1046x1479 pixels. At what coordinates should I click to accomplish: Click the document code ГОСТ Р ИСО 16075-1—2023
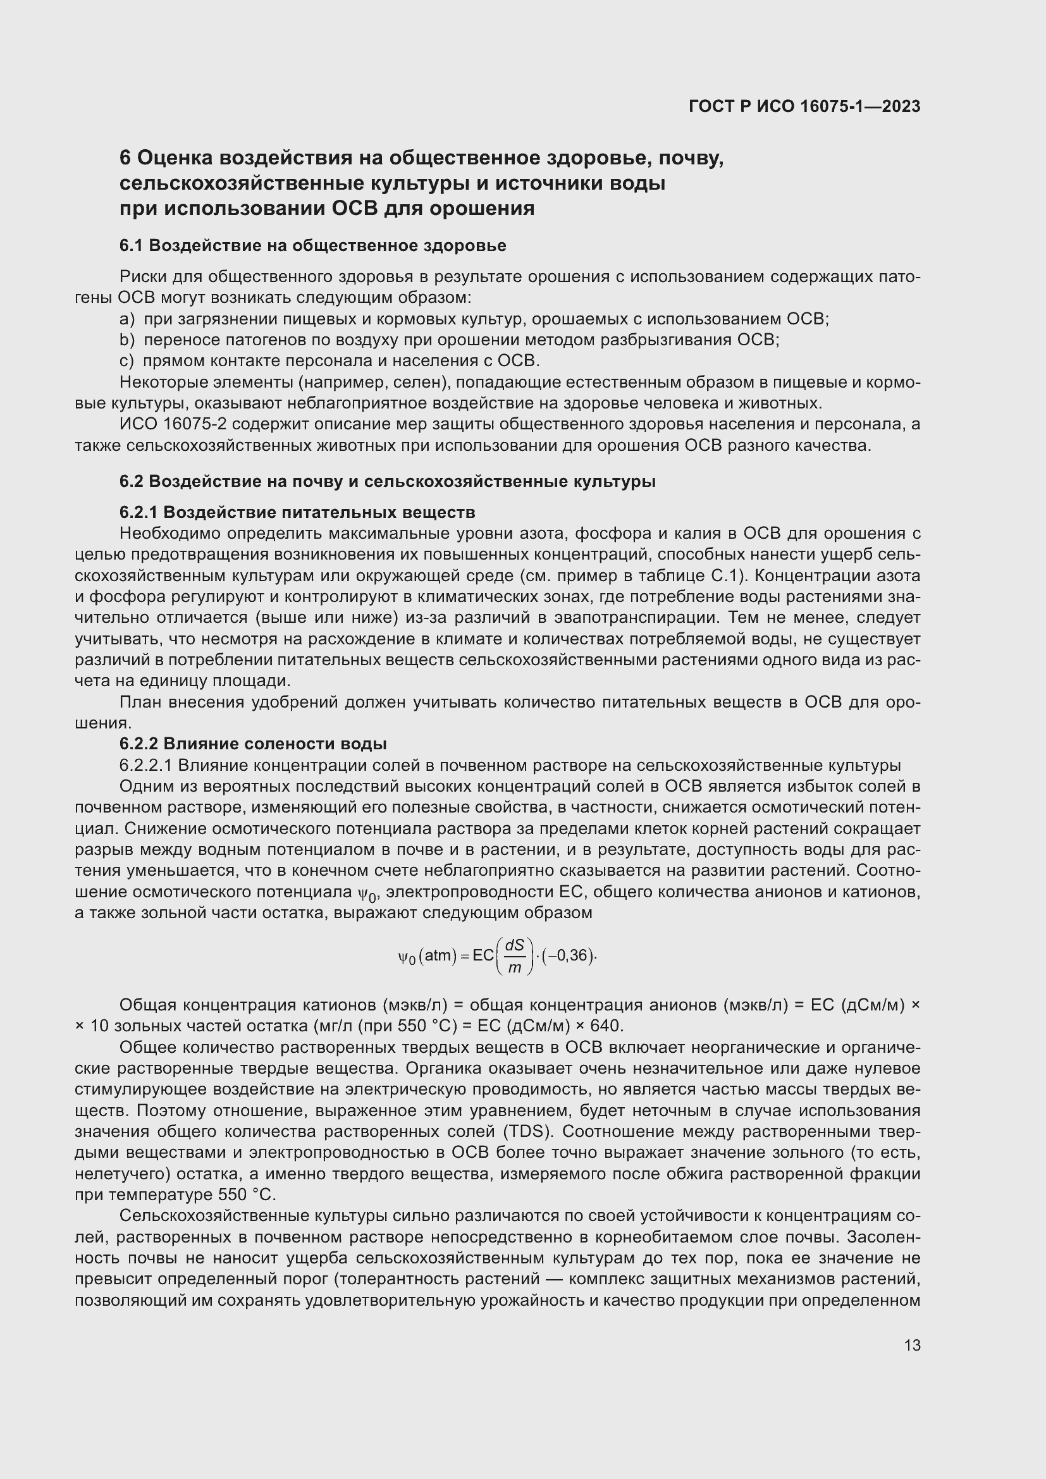[804, 106]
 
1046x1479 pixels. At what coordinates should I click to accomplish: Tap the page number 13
[912, 1345]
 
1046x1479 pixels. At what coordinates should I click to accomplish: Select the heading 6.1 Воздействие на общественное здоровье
[313, 245]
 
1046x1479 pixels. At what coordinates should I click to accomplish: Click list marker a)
[127, 319]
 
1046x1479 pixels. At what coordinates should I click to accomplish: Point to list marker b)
[127, 340]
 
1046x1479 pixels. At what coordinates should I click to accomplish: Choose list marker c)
[127, 360]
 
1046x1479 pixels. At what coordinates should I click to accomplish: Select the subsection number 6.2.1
[138, 512]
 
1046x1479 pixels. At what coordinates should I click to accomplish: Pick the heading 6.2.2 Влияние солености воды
[253, 744]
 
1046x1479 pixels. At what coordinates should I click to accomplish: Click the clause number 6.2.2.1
[146, 765]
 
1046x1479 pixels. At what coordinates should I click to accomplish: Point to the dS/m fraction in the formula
[515, 956]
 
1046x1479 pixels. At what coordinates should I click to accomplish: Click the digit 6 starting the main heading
[126, 158]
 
